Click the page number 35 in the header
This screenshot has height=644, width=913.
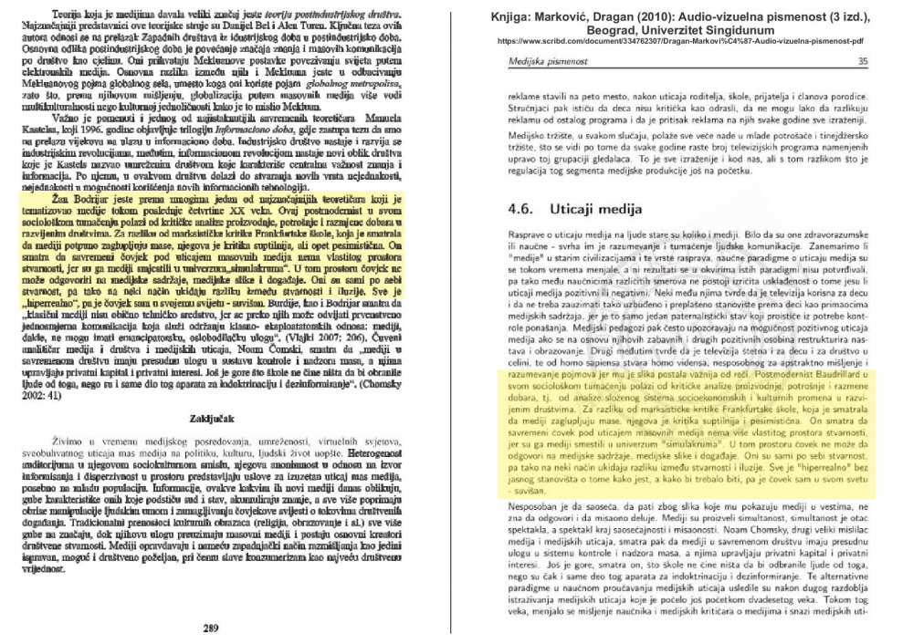(888, 60)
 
